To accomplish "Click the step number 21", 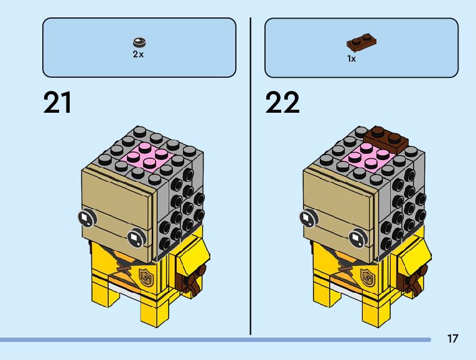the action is (x=58, y=103).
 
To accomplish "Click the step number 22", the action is (x=282, y=103).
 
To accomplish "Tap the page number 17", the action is (x=452, y=338).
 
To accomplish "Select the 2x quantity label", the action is (x=138, y=54).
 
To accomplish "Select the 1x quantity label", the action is (x=352, y=59).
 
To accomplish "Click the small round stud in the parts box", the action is (x=139, y=42).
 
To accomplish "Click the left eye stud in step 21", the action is (x=86, y=217).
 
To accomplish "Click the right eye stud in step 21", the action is (x=135, y=237).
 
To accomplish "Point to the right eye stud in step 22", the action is (x=357, y=237).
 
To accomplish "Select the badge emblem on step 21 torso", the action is (x=146, y=276).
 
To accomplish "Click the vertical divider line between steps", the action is (x=251, y=174).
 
